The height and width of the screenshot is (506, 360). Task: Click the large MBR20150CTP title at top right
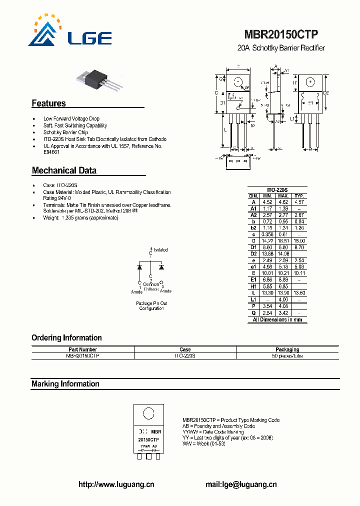(x=281, y=34)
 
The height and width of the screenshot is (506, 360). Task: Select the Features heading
(x=48, y=103)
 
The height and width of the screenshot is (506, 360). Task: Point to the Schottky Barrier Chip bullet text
(x=65, y=132)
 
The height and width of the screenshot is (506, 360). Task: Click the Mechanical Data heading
(x=64, y=170)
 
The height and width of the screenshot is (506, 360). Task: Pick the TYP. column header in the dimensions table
(x=299, y=196)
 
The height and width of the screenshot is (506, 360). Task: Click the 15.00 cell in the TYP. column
(x=299, y=241)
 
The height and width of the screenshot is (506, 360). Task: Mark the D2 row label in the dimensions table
(x=253, y=254)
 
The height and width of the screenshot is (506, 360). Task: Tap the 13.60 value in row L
(x=299, y=293)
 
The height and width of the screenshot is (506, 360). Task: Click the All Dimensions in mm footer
(x=277, y=319)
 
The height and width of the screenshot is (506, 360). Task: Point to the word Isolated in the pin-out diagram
(x=160, y=249)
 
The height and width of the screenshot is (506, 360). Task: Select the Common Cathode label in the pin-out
(x=151, y=286)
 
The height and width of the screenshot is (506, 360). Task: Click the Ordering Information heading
(x=66, y=338)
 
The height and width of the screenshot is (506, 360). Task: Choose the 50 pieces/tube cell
(x=287, y=356)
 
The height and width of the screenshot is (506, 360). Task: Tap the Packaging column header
(x=287, y=349)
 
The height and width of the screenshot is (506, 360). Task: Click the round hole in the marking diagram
(x=148, y=413)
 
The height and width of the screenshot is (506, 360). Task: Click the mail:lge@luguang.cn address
(x=241, y=484)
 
